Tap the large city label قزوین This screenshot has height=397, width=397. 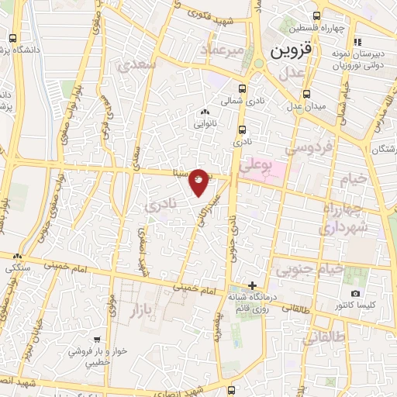(x=291, y=52)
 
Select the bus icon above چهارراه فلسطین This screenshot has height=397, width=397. (x=316, y=16)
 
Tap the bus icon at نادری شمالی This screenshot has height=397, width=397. (x=243, y=88)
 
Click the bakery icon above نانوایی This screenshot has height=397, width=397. (x=203, y=112)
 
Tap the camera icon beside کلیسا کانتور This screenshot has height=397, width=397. (x=355, y=294)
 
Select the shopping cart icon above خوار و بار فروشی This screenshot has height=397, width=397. (x=98, y=340)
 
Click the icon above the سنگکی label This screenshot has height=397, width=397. (x=17, y=256)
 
